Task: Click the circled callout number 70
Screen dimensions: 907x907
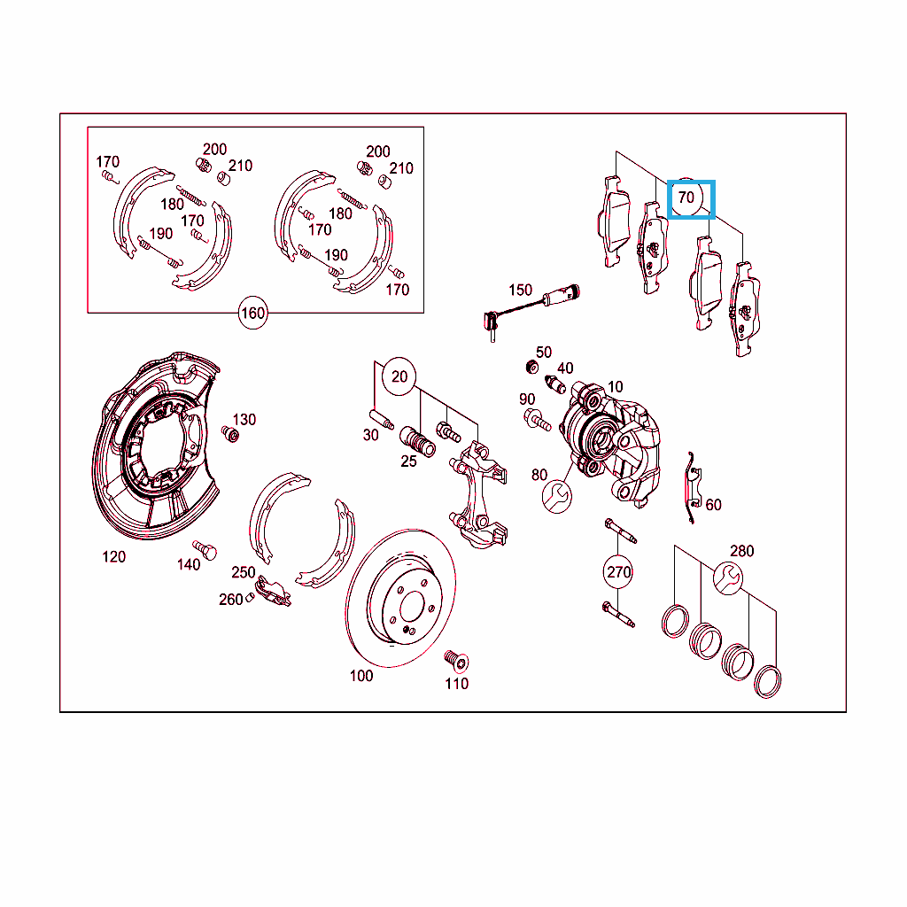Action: pyautogui.click(x=686, y=198)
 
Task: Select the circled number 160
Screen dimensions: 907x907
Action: pyautogui.click(x=252, y=313)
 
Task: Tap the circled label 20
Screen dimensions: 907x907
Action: pyautogui.click(x=399, y=376)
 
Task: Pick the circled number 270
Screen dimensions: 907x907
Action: pyautogui.click(x=617, y=572)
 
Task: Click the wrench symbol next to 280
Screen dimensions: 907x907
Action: pyautogui.click(x=728, y=578)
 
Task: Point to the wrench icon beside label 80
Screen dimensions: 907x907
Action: pyautogui.click(x=557, y=496)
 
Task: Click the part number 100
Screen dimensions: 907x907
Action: pyautogui.click(x=361, y=676)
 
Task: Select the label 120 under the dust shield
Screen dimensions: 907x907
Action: pyautogui.click(x=114, y=556)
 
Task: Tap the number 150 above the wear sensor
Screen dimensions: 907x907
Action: pyautogui.click(x=520, y=290)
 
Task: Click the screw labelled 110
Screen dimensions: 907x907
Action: pyautogui.click(x=456, y=661)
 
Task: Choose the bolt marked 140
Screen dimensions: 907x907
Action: pyautogui.click(x=205, y=549)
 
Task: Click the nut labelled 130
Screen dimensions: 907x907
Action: pyautogui.click(x=230, y=434)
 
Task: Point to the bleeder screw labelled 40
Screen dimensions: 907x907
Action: pyautogui.click(x=556, y=384)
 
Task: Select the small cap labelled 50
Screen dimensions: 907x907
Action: pyautogui.click(x=531, y=367)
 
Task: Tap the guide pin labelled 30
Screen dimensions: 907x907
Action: pyautogui.click(x=381, y=419)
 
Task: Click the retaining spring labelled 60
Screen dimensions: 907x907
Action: pyautogui.click(x=693, y=487)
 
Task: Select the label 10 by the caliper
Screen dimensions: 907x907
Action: pyautogui.click(x=615, y=386)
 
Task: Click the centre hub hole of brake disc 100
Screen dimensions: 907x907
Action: pyautogui.click(x=413, y=608)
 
